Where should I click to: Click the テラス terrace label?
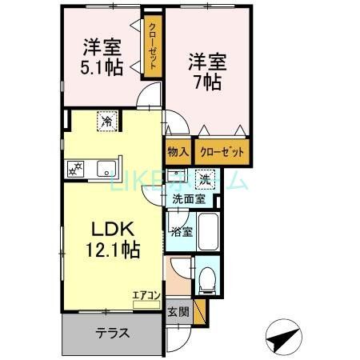[113, 334]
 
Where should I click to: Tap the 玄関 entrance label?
[178, 311]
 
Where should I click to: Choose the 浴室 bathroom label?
[180, 233]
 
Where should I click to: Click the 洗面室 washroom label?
[189, 199]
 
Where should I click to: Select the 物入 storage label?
[177, 150]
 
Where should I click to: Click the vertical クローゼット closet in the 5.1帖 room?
[152, 45]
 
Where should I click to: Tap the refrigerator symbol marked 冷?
[106, 121]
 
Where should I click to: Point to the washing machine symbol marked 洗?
[205, 178]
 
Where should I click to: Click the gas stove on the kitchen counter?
[78, 169]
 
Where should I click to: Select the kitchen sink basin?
[104, 169]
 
